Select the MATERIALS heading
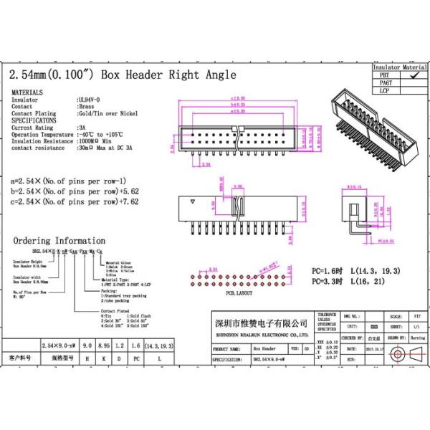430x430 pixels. (27, 93)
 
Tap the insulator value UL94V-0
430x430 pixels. (89, 100)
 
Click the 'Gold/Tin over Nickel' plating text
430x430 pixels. (107, 113)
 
